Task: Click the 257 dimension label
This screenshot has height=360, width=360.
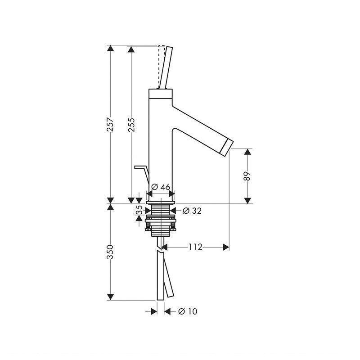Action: click(x=110, y=124)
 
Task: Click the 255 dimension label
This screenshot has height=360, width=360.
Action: click(x=131, y=125)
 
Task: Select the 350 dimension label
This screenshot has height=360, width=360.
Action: click(x=110, y=252)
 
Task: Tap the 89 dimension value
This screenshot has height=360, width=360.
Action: click(x=247, y=176)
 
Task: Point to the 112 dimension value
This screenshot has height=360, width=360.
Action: click(x=195, y=247)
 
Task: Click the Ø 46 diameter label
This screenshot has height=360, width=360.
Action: click(x=161, y=187)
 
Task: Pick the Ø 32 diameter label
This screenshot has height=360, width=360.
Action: click(x=192, y=211)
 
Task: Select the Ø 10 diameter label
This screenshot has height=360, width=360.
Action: click(x=188, y=311)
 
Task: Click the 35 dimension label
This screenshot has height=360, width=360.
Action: click(x=139, y=210)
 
